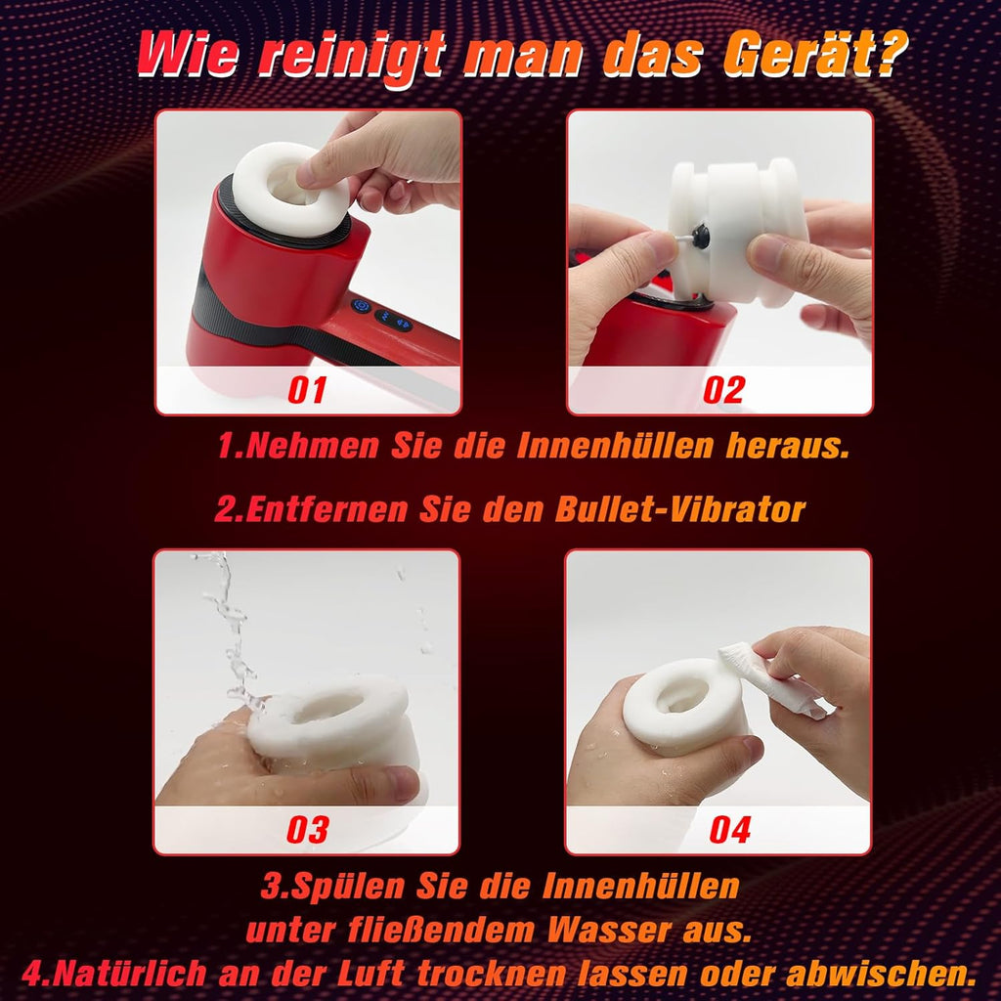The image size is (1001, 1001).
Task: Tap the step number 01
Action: tap(308, 390)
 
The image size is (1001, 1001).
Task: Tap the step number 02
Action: tap(723, 390)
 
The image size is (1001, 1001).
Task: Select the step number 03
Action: tap(308, 830)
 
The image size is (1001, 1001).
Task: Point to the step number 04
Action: tap(729, 830)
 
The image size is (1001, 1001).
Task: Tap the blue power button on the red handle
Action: tap(360, 306)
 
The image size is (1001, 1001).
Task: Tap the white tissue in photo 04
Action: tap(772, 676)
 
